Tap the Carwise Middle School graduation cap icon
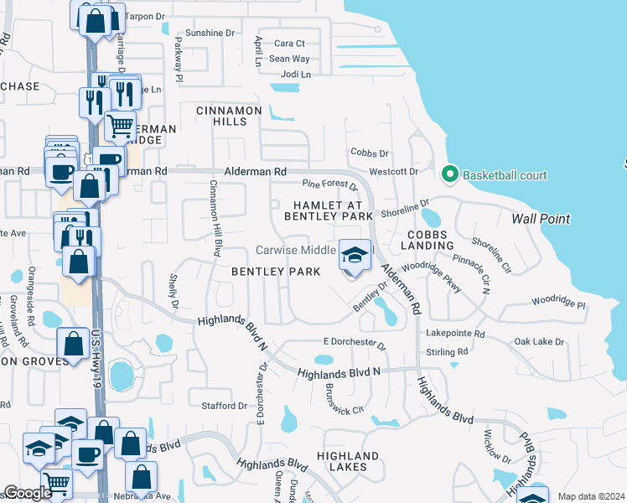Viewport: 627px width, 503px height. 355,255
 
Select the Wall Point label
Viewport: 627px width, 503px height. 541,219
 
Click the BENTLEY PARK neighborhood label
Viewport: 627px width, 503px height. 276,272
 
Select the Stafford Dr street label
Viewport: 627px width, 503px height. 225,406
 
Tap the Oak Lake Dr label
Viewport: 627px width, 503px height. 539,342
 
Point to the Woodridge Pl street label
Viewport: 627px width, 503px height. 557,298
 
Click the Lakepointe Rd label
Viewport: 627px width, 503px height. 455,334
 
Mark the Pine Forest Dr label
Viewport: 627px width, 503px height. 330,184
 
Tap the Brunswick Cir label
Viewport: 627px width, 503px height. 345,400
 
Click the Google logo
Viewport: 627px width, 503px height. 28,493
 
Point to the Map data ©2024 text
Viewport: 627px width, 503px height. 590,496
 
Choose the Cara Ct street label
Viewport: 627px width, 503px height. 289,44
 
